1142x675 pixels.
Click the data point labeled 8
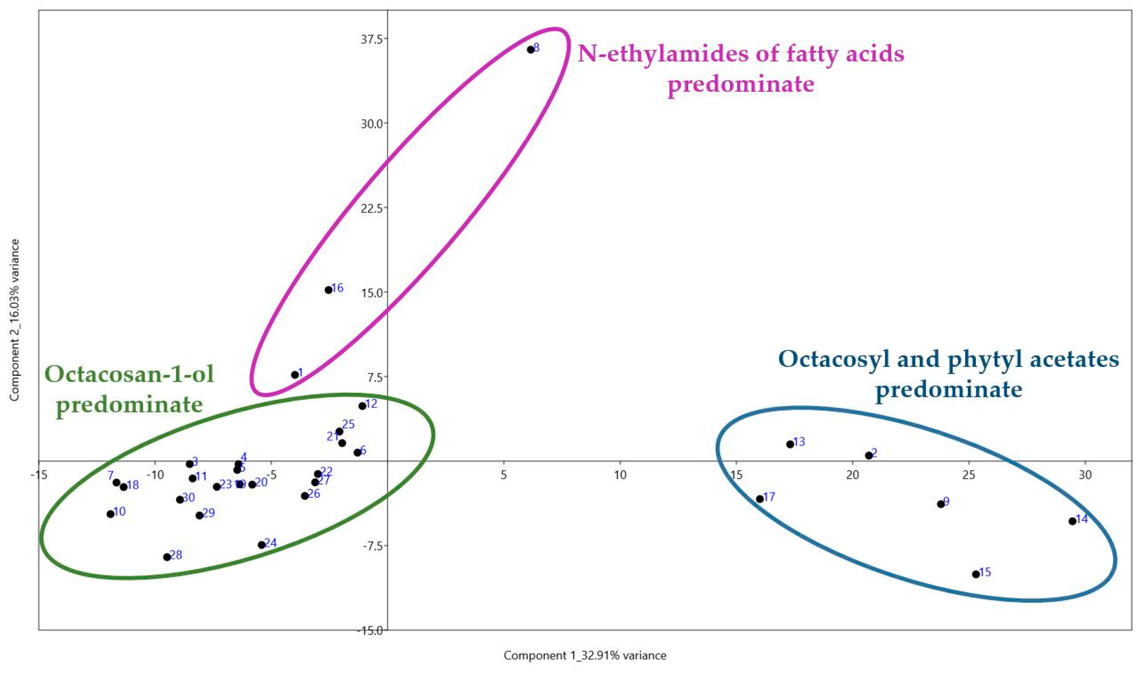pos(531,50)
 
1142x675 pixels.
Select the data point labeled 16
pos(329,290)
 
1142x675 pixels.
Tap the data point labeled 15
pos(975,574)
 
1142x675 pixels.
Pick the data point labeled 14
pos(1072,521)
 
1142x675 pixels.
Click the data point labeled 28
pos(167,557)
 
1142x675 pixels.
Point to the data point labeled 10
pos(110,514)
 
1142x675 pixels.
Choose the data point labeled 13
pos(790,444)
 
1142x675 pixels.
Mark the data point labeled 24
pos(262,545)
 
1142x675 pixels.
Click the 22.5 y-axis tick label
pos(371,208)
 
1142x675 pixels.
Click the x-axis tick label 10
pos(620,475)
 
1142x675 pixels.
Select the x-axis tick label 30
pos(1085,475)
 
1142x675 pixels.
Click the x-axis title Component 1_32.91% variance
pos(584,656)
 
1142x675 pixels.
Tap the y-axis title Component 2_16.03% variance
pos(15,320)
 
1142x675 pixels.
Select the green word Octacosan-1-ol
pos(130,375)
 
